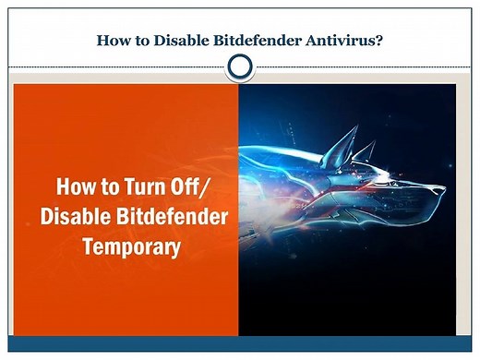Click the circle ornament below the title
[240, 66]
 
